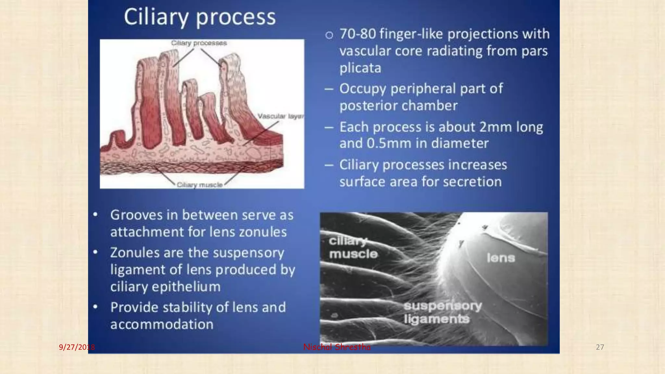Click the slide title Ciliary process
199,17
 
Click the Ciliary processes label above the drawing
199,43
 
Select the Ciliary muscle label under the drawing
200,185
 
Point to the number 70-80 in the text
358,34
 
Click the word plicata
360,68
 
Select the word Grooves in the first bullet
136,215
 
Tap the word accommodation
162,324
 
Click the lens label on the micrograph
500,258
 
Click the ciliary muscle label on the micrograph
353,248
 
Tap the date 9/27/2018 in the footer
77,347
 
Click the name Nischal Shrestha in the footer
336,347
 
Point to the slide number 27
600,347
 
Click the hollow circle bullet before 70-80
329,35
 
